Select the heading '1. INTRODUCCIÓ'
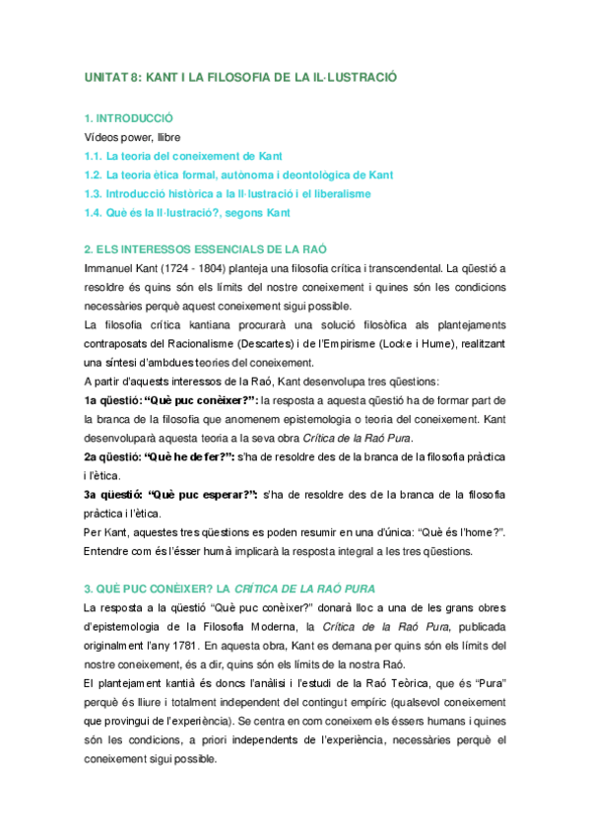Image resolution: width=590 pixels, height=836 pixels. tap(128, 117)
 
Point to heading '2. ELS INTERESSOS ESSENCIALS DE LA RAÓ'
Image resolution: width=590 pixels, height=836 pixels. tap(205, 249)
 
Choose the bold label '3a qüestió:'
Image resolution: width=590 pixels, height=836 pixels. tap(112, 495)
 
